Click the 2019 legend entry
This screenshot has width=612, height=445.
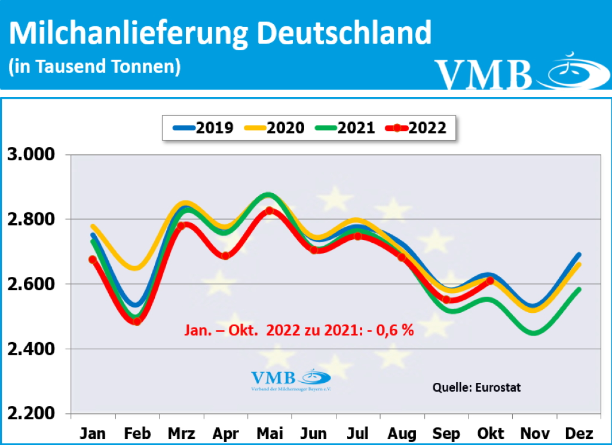coord(203,127)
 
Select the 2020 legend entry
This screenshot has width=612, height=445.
coord(274,127)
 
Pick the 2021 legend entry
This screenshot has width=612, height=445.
coord(345,127)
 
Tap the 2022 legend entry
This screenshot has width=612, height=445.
coord(416,127)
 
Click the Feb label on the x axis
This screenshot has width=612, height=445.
coord(137,432)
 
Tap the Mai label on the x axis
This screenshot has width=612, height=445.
coord(270,432)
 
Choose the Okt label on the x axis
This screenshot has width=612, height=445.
coord(490,432)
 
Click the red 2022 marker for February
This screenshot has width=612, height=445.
coord(137,321)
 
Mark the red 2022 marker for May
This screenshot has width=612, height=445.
coord(270,211)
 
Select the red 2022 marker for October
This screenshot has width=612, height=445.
coord(490,281)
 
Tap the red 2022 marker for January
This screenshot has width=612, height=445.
coord(93,260)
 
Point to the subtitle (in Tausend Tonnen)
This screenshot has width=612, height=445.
coord(94,66)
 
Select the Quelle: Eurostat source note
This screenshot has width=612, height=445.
coord(476,388)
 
